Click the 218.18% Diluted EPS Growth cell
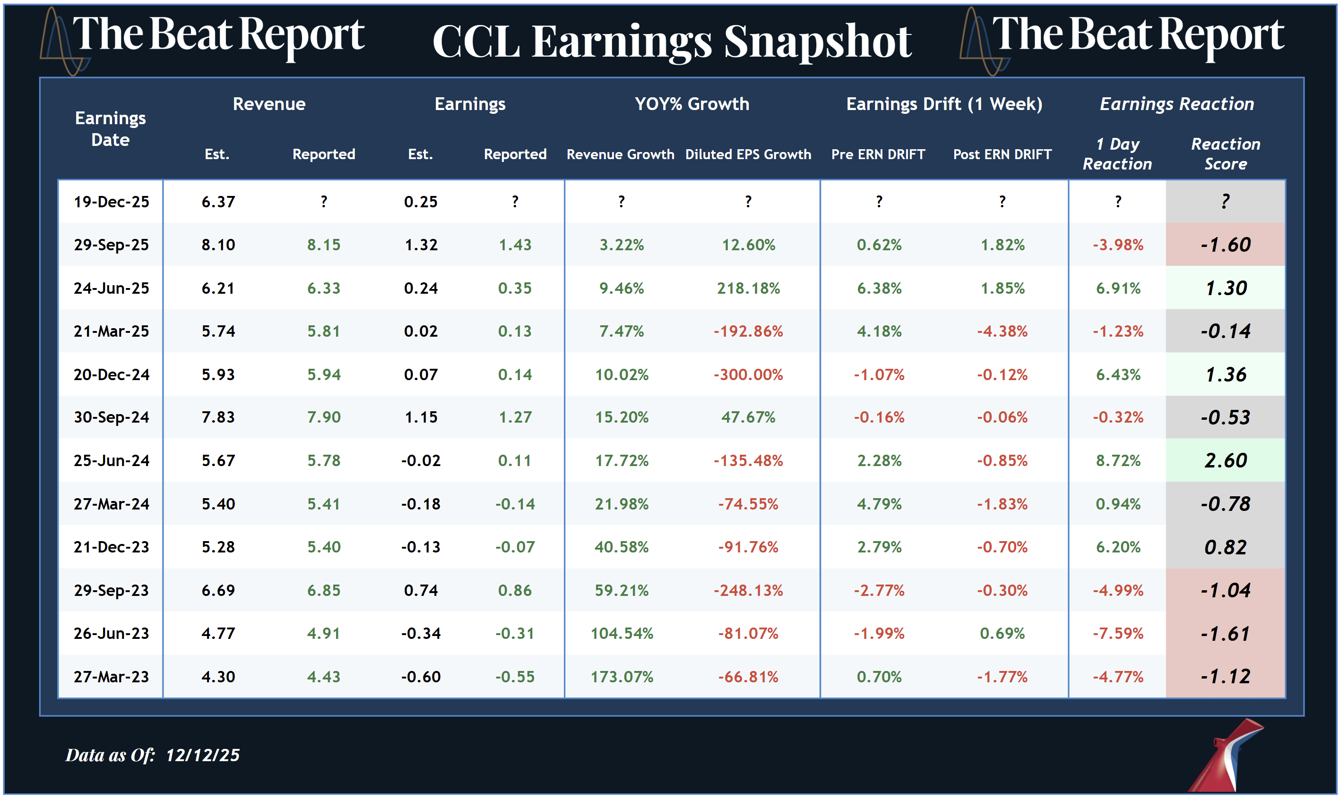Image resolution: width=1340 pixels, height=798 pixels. [x=748, y=288]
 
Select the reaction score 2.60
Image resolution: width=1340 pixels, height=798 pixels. [x=1225, y=461]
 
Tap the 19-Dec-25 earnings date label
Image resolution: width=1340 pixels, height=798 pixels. [x=112, y=202]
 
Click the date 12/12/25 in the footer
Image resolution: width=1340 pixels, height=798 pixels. [x=202, y=755]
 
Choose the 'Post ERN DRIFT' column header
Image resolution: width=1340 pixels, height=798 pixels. [x=1002, y=154]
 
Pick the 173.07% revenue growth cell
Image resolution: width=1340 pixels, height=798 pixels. [x=622, y=677]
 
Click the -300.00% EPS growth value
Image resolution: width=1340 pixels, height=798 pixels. [x=748, y=374]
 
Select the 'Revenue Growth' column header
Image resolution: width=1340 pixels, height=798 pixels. [x=620, y=154]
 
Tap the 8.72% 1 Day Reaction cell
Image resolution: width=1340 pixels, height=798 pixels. [x=1118, y=461]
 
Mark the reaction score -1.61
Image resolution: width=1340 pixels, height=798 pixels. [x=1225, y=634]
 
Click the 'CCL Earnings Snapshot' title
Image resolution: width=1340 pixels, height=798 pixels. [x=672, y=42]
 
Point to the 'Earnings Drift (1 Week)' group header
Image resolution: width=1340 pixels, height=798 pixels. [x=944, y=104]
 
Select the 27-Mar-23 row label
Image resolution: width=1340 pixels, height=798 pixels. [x=112, y=677]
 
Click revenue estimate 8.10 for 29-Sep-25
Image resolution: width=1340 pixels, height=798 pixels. [x=218, y=245]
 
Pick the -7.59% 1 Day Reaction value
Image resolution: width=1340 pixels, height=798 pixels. [x=1118, y=634]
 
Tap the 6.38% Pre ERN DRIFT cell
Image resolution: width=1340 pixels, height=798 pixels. [x=879, y=288]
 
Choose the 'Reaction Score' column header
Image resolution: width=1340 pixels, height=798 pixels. [x=1225, y=154]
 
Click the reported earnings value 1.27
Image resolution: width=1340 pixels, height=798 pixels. [x=515, y=417]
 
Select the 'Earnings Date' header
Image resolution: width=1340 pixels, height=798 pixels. [x=110, y=129]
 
